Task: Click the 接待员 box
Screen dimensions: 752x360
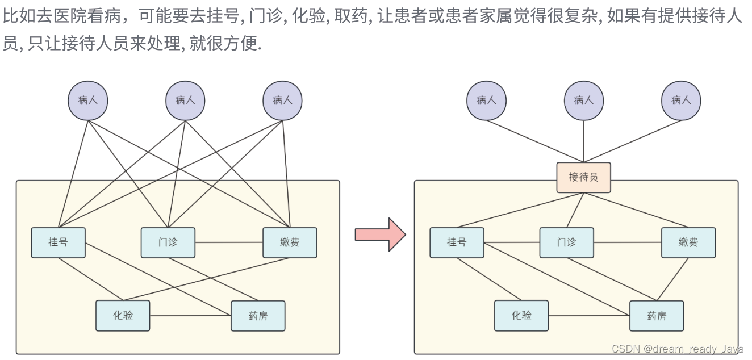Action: [x=583, y=178]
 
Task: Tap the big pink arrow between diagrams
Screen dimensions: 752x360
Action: [x=381, y=235]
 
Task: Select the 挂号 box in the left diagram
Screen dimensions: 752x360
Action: [x=59, y=242]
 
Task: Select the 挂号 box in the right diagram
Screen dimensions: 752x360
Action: [x=457, y=242]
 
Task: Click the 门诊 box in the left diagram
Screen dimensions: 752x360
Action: [x=168, y=242]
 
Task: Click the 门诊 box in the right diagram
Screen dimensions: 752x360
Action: [x=567, y=242]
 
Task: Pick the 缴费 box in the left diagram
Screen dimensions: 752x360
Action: [x=290, y=242]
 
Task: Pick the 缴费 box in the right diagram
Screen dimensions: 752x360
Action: [x=688, y=242]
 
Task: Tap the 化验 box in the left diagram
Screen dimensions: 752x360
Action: [x=123, y=316]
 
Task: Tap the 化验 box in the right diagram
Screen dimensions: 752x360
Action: [x=521, y=316]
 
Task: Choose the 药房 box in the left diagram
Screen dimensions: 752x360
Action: [x=258, y=316]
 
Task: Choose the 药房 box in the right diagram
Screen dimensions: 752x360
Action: [x=657, y=316]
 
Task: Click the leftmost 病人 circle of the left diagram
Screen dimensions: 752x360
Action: [x=88, y=101]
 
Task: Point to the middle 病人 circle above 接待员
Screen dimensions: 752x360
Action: [x=584, y=101]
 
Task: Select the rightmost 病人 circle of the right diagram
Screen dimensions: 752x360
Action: [x=681, y=101]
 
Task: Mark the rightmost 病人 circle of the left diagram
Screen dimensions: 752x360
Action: [x=282, y=101]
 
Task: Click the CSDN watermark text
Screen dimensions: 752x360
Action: [x=677, y=349]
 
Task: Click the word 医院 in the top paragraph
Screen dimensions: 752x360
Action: [x=70, y=16]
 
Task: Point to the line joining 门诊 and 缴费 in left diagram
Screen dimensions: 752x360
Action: [x=229, y=242]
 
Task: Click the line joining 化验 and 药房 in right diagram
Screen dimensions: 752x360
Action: [x=589, y=316]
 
